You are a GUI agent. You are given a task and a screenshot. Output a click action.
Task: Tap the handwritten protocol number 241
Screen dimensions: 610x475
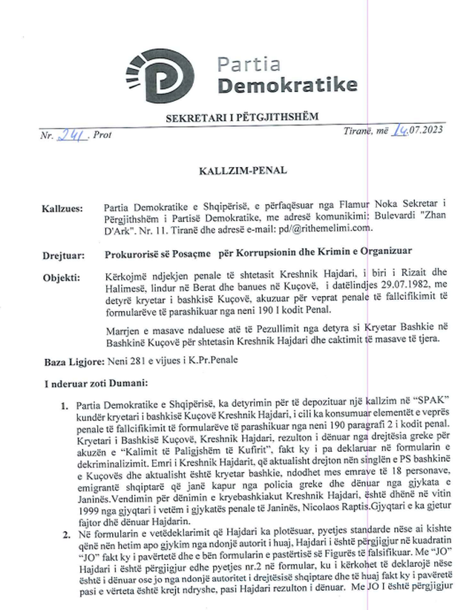click(73, 136)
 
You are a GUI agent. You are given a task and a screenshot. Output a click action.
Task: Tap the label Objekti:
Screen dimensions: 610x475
click(62, 277)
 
